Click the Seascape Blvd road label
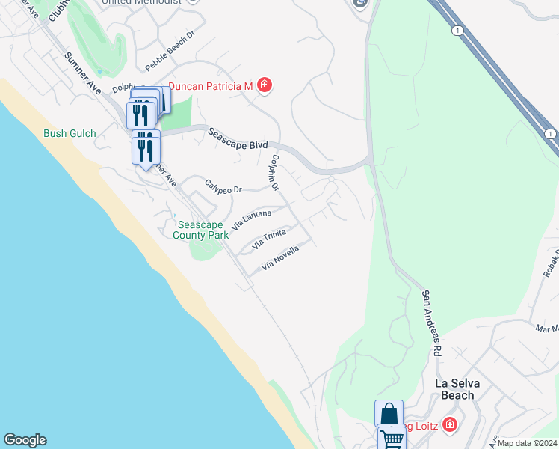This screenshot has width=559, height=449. point(237,138)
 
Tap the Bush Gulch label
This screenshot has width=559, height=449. point(70,133)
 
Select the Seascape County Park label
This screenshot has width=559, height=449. point(200,230)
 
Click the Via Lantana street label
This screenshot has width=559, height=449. point(251,219)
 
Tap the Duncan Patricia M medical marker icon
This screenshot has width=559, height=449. point(264,86)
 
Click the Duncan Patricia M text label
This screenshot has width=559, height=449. point(210,86)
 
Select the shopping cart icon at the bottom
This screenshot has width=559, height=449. point(392,439)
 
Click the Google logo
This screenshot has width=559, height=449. point(25,440)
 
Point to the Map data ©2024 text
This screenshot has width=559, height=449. point(527,443)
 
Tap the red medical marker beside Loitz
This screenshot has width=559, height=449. point(449,425)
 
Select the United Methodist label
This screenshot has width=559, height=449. point(142,2)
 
